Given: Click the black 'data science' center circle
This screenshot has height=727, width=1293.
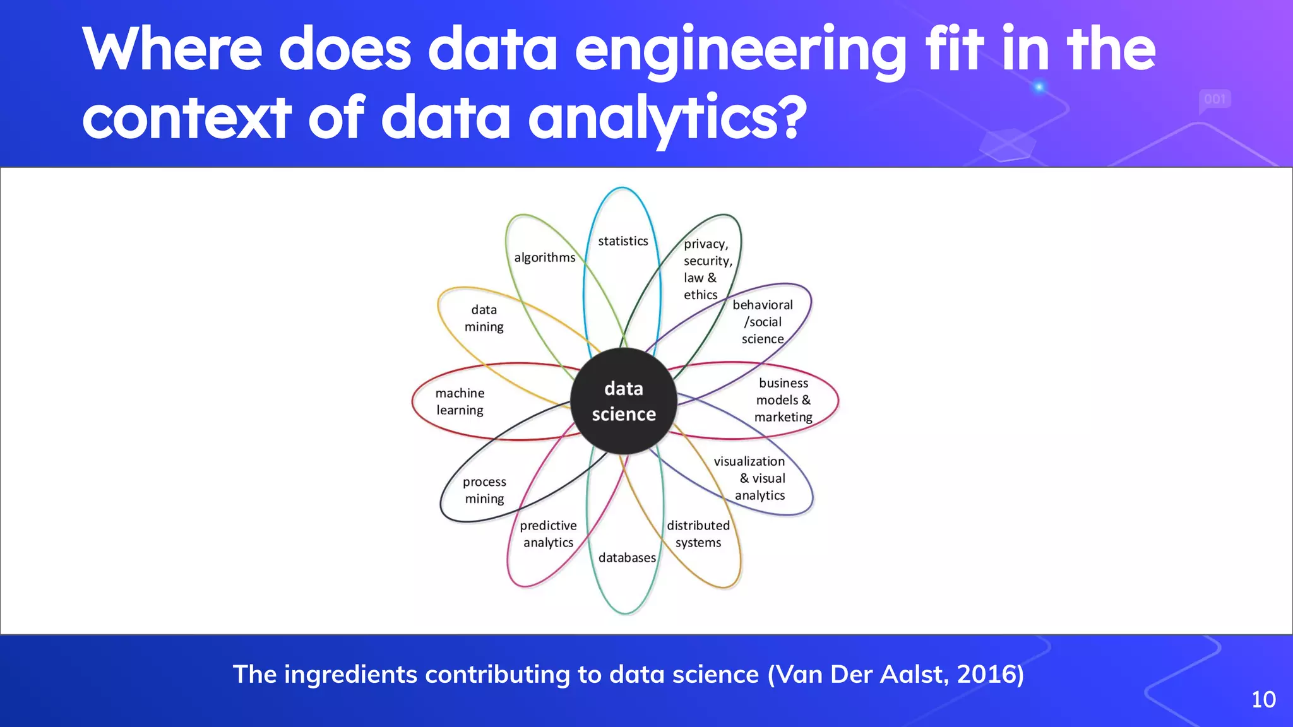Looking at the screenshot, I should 624,401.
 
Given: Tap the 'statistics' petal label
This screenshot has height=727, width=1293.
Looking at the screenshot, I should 623,241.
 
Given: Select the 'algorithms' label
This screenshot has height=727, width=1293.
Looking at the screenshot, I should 545,257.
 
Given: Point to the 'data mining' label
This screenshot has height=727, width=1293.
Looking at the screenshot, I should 484,318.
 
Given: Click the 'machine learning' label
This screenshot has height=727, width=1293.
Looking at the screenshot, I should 460,401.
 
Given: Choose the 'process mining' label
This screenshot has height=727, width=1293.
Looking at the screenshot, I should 484,490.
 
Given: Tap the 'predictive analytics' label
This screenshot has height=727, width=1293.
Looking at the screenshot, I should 548,534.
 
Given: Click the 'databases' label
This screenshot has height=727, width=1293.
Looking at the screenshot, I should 627,558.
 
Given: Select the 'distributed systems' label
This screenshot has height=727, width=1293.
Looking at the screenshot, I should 698,534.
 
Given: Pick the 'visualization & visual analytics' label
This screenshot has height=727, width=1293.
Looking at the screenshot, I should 751,478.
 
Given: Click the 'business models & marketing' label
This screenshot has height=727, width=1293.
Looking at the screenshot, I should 784,400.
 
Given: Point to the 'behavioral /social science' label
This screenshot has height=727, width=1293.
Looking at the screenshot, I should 763,322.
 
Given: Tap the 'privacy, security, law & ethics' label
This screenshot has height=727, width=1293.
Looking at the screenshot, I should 706,269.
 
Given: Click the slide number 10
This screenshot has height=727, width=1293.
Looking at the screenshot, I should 1263,699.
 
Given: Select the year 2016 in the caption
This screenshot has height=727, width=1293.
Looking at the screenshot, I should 986,674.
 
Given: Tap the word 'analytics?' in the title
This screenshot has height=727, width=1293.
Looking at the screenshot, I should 667,118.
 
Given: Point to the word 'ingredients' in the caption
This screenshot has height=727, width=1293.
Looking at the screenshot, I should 350,675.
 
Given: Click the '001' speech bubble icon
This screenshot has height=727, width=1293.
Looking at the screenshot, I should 1215,100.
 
